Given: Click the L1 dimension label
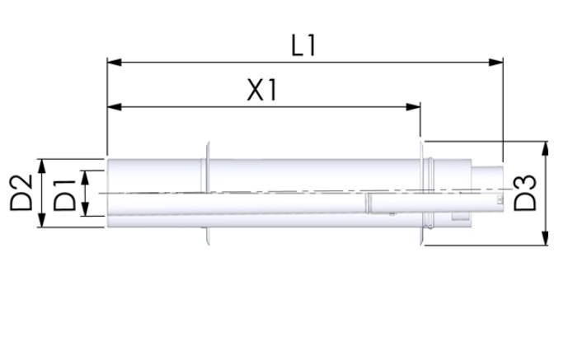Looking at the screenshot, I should (x=304, y=45).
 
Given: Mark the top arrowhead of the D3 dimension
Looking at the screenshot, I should (x=544, y=147).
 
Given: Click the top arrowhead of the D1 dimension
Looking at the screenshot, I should (x=87, y=175).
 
